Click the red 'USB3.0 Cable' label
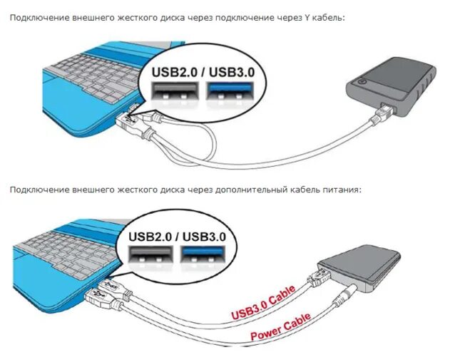point(264,302)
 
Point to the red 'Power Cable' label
point(280,327)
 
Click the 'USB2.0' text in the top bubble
point(175,73)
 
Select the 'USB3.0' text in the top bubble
point(232,73)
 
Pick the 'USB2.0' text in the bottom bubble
point(150,237)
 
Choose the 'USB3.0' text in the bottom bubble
point(204,237)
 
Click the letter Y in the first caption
point(307,18)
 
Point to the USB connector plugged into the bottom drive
point(318,277)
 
